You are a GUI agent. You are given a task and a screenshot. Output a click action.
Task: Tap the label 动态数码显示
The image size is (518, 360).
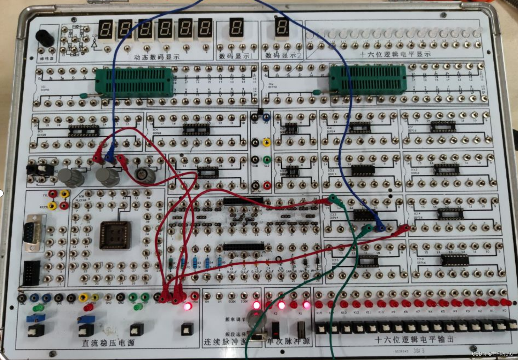coord(157,57)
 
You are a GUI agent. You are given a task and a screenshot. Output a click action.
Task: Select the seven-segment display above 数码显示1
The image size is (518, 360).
coord(236,27)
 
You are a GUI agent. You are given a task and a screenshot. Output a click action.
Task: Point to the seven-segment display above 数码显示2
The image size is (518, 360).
coord(281,27)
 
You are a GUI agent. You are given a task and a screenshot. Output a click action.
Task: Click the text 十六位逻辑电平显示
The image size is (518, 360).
coord(395,54)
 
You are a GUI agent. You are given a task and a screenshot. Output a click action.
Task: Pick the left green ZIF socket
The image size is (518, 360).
coord(134,82)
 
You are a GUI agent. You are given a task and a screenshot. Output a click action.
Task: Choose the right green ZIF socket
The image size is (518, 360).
coord(367,80)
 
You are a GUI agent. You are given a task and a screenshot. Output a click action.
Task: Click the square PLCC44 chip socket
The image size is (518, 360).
coord(115,235)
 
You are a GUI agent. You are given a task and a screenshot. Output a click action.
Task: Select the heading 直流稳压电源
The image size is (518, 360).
coord(108,343)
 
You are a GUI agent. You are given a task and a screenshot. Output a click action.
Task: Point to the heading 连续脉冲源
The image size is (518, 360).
coord(225,342)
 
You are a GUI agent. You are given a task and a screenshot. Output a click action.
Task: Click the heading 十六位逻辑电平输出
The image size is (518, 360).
coord(414,339)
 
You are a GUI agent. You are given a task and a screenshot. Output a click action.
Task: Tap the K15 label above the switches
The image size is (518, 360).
coord(319,313)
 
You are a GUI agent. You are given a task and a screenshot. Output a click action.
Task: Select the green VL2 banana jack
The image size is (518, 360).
coord(267,159)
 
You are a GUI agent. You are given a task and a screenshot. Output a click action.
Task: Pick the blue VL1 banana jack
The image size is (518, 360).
coord(266,117)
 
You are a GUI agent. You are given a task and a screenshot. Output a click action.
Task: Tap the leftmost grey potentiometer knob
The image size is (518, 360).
coord(71,177)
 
